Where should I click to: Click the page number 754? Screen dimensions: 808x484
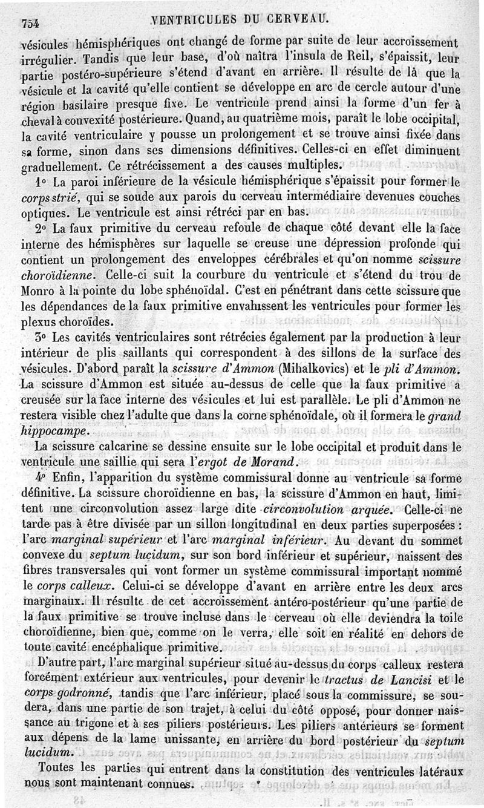30,22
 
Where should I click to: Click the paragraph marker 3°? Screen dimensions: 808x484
41,337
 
